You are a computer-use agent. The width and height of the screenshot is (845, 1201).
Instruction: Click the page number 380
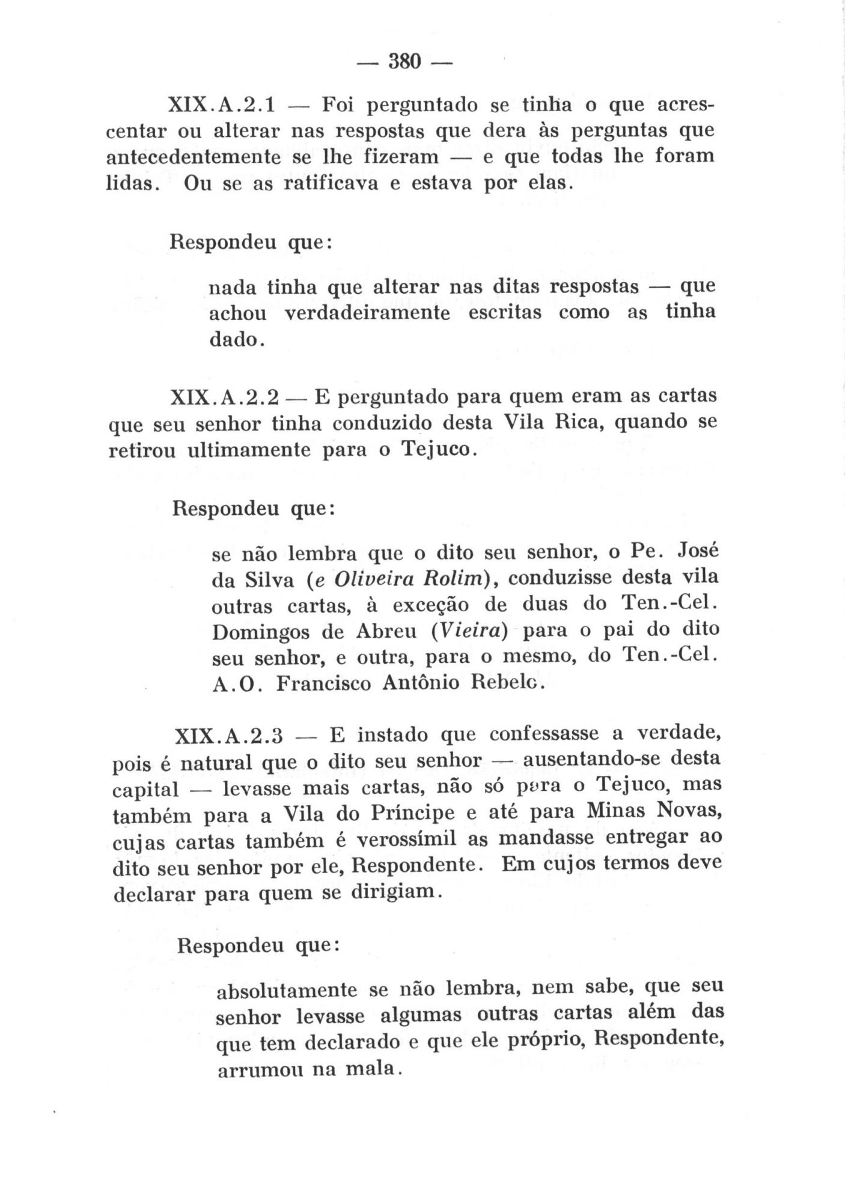tap(405, 61)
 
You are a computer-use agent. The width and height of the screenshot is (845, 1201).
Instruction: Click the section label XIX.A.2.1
tap(221, 106)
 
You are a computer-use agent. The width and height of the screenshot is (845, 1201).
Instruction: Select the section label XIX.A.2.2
tap(225, 398)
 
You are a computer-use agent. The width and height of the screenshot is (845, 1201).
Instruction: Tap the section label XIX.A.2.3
tap(228, 735)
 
